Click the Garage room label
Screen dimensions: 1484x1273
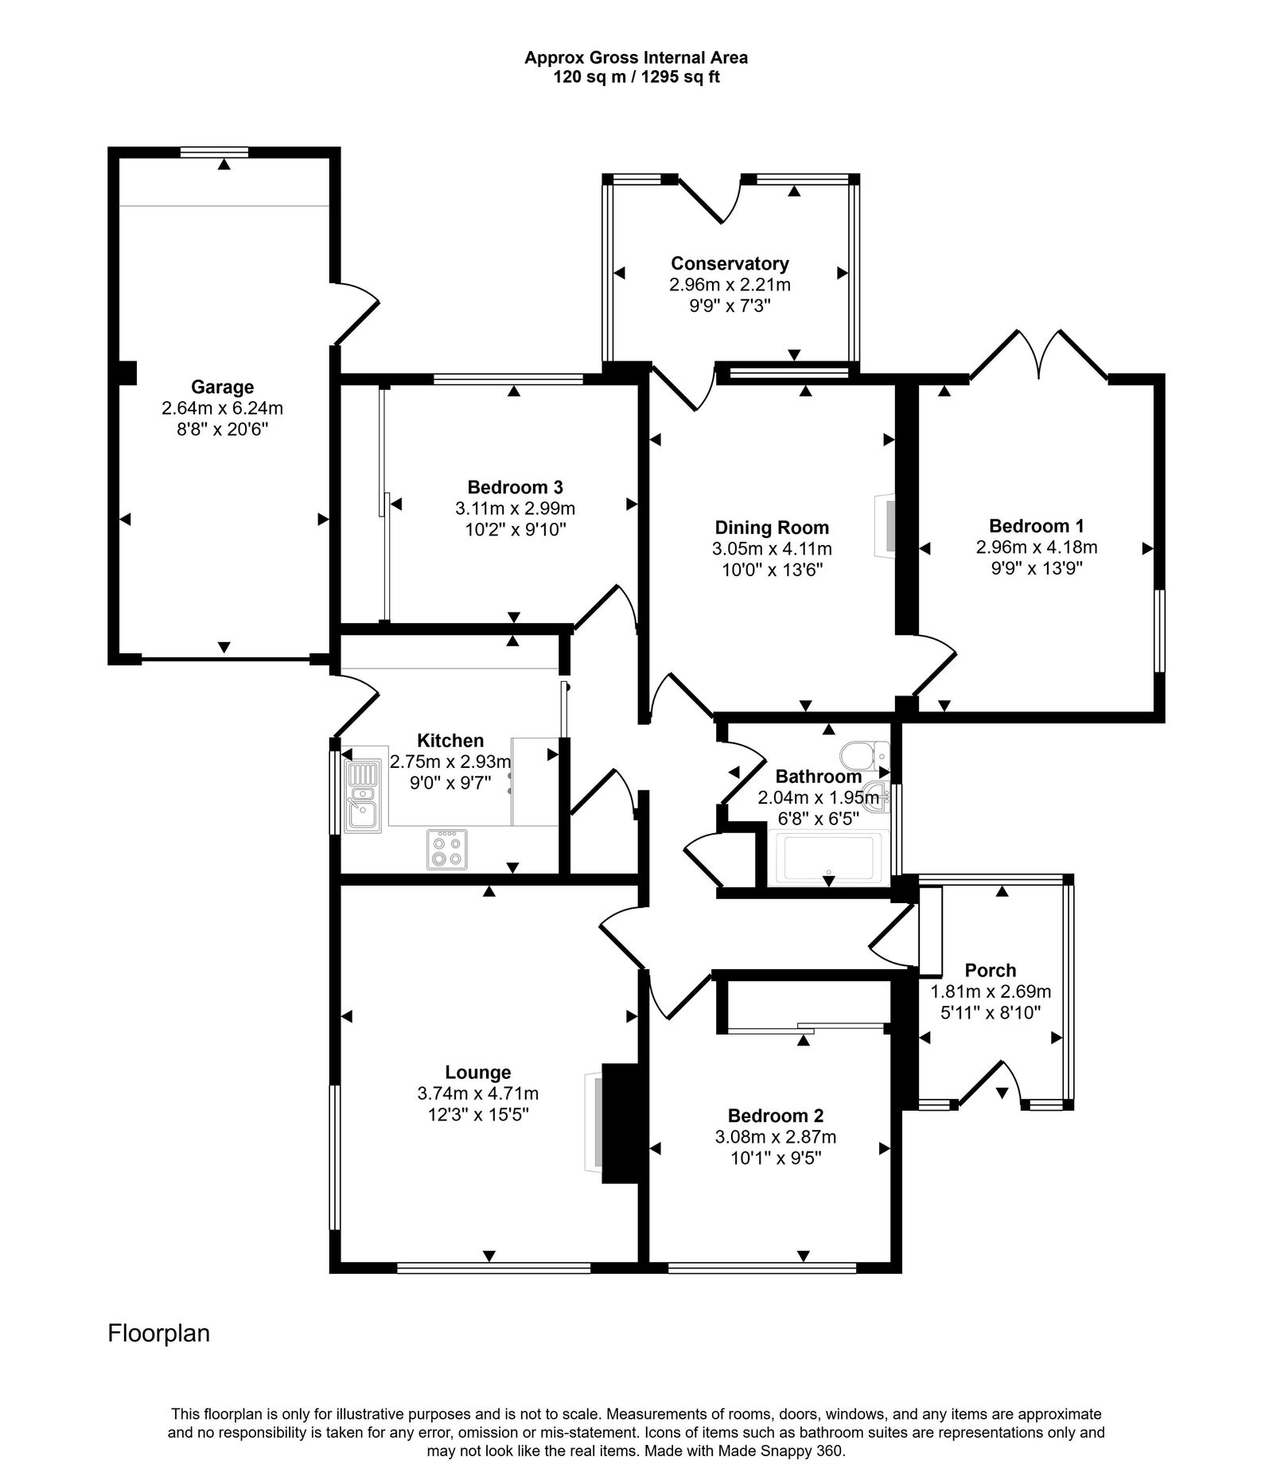(222, 387)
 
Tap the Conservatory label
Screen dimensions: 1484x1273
(730, 263)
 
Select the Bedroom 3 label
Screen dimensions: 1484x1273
(515, 487)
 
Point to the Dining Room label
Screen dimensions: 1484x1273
(771, 528)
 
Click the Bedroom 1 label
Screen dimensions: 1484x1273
(1036, 526)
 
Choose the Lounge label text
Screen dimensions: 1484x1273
(477, 1073)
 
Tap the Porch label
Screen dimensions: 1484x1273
(990, 970)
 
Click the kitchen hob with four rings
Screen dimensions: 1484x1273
(447, 849)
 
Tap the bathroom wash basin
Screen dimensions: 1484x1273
(879, 797)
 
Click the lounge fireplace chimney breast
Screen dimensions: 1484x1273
(620, 1124)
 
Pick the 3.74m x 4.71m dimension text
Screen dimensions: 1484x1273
(477, 1093)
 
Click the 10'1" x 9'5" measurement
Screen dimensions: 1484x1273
(775, 1158)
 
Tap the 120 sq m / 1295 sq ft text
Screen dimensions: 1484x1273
(636, 77)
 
